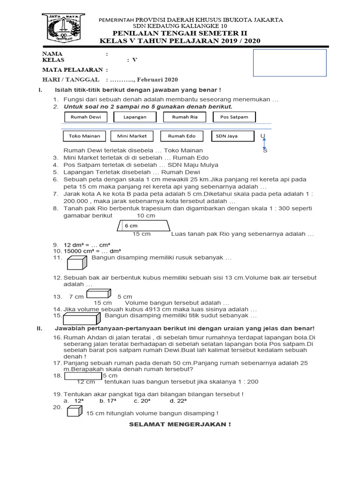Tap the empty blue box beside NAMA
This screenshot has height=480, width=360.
(x=290, y=63)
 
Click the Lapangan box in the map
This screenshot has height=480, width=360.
(x=135, y=117)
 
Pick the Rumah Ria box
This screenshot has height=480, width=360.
(x=185, y=117)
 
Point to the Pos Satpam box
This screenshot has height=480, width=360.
(x=234, y=117)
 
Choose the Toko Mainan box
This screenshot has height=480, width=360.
(x=84, y=136)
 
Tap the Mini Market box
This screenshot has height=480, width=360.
(x=132, y=136)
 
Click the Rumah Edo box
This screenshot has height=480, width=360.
(x=181, y=136)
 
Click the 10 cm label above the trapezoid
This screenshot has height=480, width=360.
(x=146, y=216)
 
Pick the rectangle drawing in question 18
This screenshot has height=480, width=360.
(x=83, y=375)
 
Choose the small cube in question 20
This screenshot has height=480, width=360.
(x=74, y=412)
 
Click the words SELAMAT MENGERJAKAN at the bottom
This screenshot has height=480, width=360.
(x=180, y=424)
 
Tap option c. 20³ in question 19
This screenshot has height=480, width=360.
(x=142, y=401)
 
